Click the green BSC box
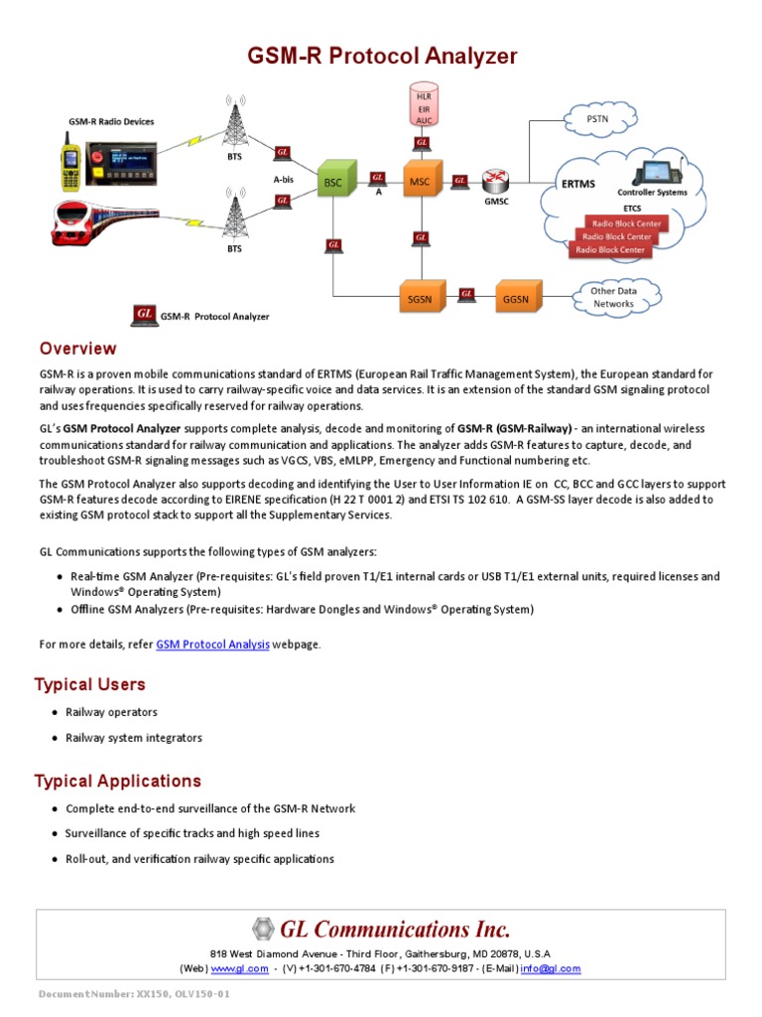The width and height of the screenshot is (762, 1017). tap(333, 182)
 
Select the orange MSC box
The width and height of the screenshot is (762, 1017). tap(420, 182)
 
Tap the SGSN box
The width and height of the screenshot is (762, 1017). tap(420, 296)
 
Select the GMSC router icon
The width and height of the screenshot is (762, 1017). tap(496, 181)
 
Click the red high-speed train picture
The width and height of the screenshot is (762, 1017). tap(99, 223)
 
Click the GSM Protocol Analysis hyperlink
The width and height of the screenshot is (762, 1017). tap(212, 645)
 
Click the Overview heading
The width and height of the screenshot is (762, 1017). tap(77, 349)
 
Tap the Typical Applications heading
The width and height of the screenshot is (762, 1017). tap(117, 781)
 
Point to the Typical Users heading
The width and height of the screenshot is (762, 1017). tap(89, 684)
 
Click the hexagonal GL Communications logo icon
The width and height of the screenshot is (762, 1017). tap(263, 930)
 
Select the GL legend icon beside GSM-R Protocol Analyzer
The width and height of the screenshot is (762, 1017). tap(144, 316)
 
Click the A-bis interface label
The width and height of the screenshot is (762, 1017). tap(284, 180)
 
